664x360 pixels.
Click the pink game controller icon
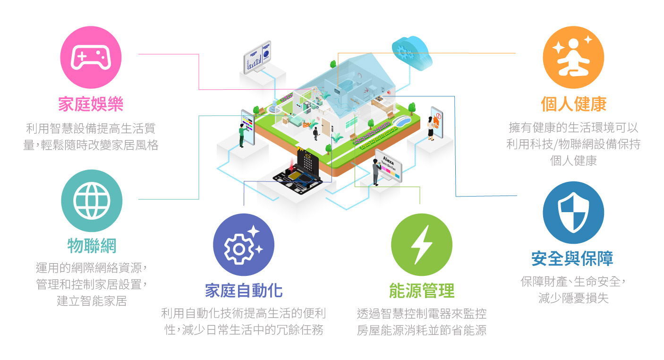coord(91,57)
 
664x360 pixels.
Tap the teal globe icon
coord(92,201)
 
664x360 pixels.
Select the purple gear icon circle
coord(243,245)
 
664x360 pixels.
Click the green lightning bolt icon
coord(422,245)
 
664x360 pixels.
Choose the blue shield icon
coord(573,213)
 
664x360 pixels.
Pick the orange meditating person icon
coord(573,57)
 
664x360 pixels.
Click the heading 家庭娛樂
coord(91,104)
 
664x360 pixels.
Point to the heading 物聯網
coord(92,246)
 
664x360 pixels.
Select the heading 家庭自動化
coord(244,291)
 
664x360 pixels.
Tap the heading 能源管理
coord(422,291)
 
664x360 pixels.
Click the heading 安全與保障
coord(572,258)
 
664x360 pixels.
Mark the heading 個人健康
coord(574,104)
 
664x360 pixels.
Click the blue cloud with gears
coord(412,53)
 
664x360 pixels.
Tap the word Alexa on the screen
coord(388,161)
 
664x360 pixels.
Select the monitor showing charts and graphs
coord(257,58)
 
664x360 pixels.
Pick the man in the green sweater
coord(243,135)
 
